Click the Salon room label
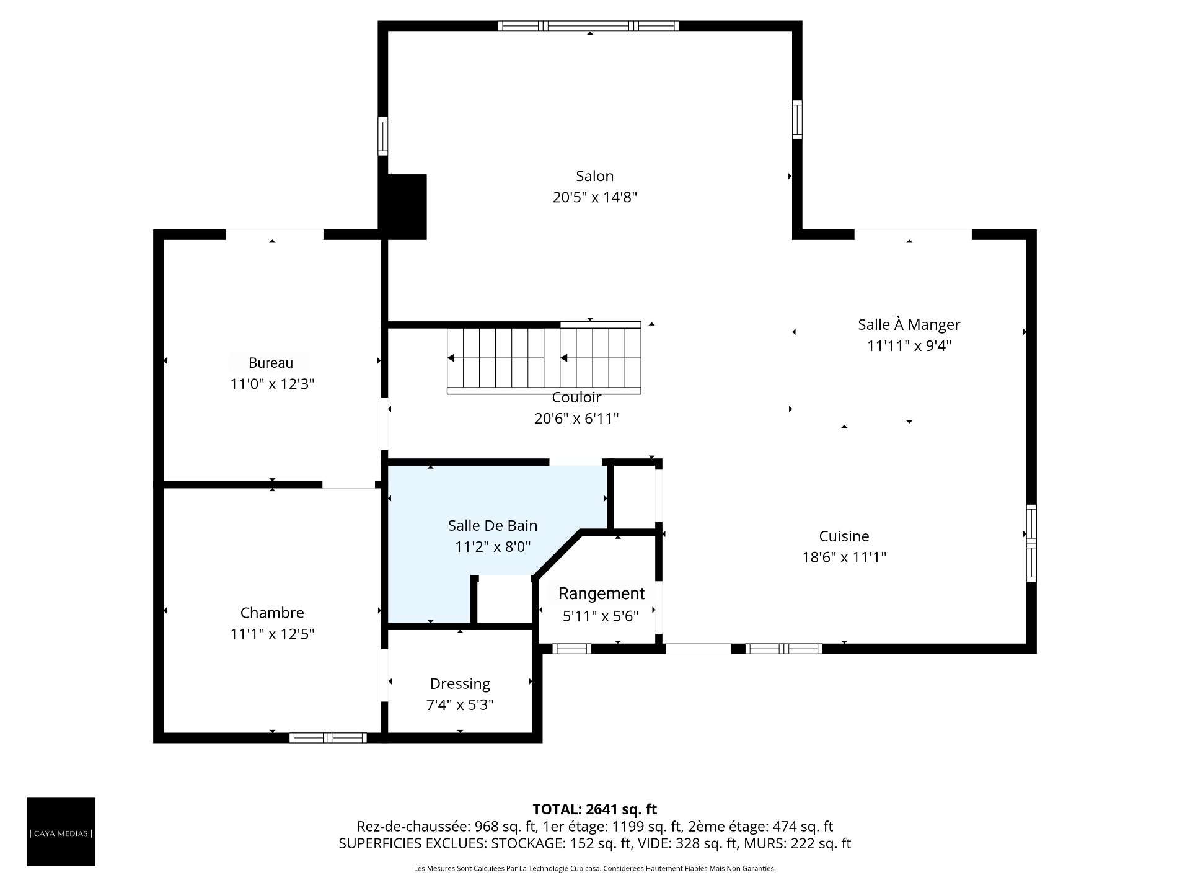594,176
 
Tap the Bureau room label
271,363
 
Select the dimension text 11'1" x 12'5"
272,634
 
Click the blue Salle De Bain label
493,525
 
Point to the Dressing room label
460,684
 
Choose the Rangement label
601,593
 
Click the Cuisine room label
844,536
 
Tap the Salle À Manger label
909,324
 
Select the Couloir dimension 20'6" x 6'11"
576,419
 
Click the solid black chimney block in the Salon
407,207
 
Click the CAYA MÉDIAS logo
61,832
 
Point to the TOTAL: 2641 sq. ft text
595,809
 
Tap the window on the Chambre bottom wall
328,737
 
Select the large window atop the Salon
588,26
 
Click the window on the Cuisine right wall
1031,543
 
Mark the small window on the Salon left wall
383,136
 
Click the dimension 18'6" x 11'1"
844,557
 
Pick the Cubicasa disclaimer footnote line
595,869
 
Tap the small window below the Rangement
571,649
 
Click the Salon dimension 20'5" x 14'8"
595,197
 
